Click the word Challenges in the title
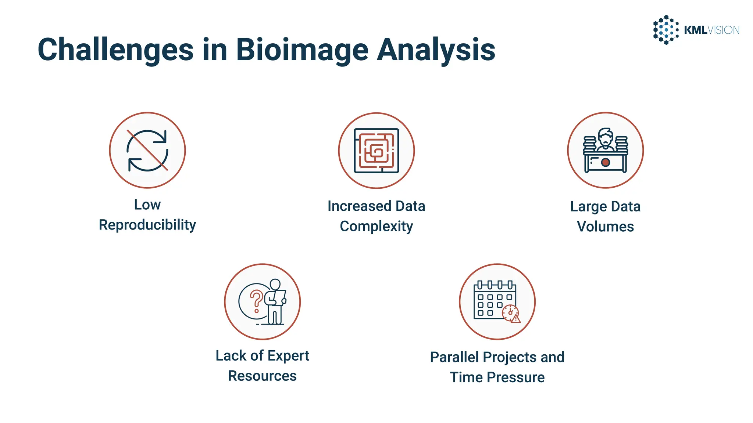pos(115,50)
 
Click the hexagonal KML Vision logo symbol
pos(665,30)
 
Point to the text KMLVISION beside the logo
pos(711,30)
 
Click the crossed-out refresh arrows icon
pos(147,151)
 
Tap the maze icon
pos(376,151)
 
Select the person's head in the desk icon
pos(605,137)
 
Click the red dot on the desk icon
pos(606,162)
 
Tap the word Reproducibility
pos(147,225)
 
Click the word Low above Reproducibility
pos(147,205)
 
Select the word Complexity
pos(376,226)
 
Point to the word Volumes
pos(605,227)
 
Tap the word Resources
pos(262,376)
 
